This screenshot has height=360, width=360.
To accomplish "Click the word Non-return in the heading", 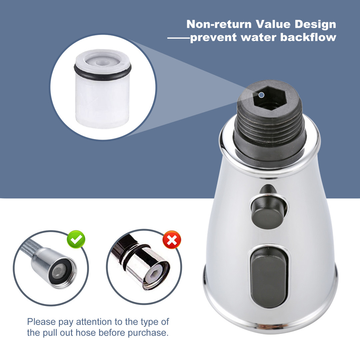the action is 219,24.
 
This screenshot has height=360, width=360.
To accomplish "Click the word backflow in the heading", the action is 308,37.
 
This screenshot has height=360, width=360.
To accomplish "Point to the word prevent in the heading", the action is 213,38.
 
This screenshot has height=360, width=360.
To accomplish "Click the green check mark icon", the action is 76,239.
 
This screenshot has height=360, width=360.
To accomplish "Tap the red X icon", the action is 172,240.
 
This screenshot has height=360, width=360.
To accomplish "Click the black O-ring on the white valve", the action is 103,72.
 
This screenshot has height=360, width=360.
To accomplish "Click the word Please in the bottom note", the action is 42,322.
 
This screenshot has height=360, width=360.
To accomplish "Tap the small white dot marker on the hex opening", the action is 261,95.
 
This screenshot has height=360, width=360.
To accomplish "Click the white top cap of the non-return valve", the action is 102,60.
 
